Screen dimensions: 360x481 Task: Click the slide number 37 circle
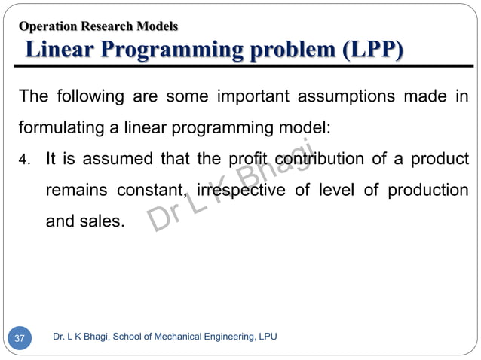pos(20,338)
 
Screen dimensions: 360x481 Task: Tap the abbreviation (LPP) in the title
pos(372,50)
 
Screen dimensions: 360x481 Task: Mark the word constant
pos(152,191)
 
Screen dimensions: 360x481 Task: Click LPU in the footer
pos(265,337)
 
